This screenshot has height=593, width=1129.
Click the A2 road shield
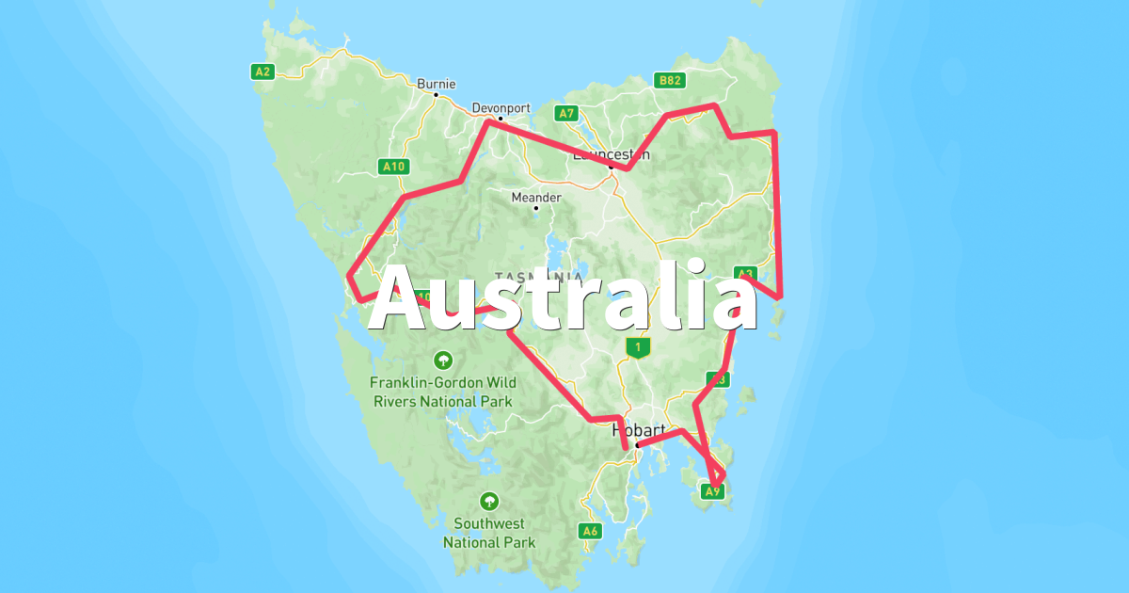point(262,71)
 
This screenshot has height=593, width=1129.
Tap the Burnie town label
point(437,83)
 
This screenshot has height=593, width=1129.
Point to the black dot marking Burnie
point(437,94)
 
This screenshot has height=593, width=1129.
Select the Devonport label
point(501,108)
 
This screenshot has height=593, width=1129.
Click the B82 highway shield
point(670,81)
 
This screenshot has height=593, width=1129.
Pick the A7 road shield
point(565,113)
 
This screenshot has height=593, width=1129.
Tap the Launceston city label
point(611,154)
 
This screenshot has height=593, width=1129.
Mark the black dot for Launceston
point(611,168)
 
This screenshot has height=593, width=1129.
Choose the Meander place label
point(535,198)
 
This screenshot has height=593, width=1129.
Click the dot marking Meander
point(535,208)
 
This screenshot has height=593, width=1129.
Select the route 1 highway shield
point(638,348)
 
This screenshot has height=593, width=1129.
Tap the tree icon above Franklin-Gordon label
point(442,360)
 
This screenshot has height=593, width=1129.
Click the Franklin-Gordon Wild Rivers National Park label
point(442,392)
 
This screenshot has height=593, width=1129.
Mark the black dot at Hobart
point(637,444)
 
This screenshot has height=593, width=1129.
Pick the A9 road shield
point(713,490)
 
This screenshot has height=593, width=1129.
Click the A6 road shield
point(590,531)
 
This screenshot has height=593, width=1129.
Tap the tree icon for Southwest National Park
point(489,501)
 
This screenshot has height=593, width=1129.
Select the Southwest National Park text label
point(489,533)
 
